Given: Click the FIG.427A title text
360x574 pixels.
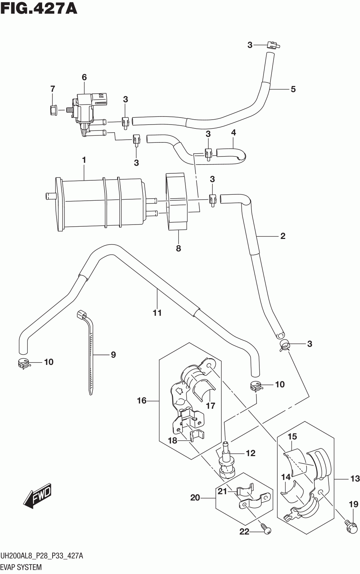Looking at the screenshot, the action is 39,9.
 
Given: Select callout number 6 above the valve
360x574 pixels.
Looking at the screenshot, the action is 84,77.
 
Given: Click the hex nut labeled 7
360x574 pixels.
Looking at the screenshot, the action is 53,110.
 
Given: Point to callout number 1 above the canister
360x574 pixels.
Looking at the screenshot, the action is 84,160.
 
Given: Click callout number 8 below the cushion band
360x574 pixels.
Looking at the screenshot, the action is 178,248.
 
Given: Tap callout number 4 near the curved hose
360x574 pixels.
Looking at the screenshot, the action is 233,133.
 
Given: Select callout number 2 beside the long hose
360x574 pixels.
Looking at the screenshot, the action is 282,236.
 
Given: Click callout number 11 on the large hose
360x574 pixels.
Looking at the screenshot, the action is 157,313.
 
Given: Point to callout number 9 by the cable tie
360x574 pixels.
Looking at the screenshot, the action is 113,355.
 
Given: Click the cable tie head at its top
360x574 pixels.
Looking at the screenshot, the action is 81,314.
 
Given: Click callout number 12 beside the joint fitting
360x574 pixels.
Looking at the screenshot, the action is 251,453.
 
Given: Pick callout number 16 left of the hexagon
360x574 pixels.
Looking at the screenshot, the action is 142,401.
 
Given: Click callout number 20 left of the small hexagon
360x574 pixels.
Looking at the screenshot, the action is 195,498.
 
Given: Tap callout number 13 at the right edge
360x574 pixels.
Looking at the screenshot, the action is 355,479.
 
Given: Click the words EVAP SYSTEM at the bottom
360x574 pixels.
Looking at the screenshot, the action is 21,567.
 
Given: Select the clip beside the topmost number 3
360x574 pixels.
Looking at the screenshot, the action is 273,45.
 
